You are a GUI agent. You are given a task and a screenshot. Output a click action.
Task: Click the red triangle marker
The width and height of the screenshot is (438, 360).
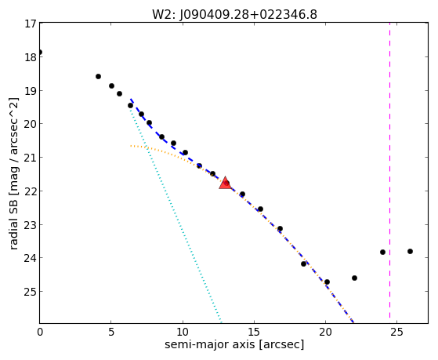(225, 183)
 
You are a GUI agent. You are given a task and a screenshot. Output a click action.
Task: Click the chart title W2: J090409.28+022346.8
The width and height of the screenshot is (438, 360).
(234, 15)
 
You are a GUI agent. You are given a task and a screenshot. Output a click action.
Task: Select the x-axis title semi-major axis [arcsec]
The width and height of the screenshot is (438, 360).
(234, 344)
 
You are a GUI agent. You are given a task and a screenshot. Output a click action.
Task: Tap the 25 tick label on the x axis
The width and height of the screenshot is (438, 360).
(397, 332)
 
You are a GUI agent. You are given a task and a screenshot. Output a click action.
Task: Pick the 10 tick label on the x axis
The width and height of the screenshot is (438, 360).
(183, 332)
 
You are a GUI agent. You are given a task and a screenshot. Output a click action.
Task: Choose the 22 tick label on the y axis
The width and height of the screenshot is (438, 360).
(31, 191)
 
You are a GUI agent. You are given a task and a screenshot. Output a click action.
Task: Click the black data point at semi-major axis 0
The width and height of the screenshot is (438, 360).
(40, 52)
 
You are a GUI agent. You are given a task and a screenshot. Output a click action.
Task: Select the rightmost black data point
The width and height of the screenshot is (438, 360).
(410, 251)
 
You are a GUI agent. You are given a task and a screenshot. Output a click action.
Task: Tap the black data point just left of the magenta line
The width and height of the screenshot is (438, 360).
(382, 252)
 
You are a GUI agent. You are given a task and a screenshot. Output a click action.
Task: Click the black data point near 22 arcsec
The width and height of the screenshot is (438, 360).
(354, 278)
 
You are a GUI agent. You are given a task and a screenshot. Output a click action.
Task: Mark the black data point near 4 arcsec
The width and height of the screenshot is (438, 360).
(98, 76)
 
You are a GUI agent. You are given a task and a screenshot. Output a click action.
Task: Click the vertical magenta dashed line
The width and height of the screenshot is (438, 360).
(389, 173)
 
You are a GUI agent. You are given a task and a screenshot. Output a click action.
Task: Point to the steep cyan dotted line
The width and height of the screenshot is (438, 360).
(176, 216)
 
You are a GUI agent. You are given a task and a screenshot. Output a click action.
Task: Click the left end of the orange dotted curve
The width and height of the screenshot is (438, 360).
(130, 146)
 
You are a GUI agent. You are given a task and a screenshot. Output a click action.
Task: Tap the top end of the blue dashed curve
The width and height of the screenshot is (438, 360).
(130, 99)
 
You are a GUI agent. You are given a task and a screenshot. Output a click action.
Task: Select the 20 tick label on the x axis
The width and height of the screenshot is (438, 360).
(325, 332)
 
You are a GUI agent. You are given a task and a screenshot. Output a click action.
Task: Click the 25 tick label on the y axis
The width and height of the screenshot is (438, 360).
(31, 292)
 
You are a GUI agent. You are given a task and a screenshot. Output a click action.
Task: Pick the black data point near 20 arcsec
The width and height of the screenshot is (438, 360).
(327, 282)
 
